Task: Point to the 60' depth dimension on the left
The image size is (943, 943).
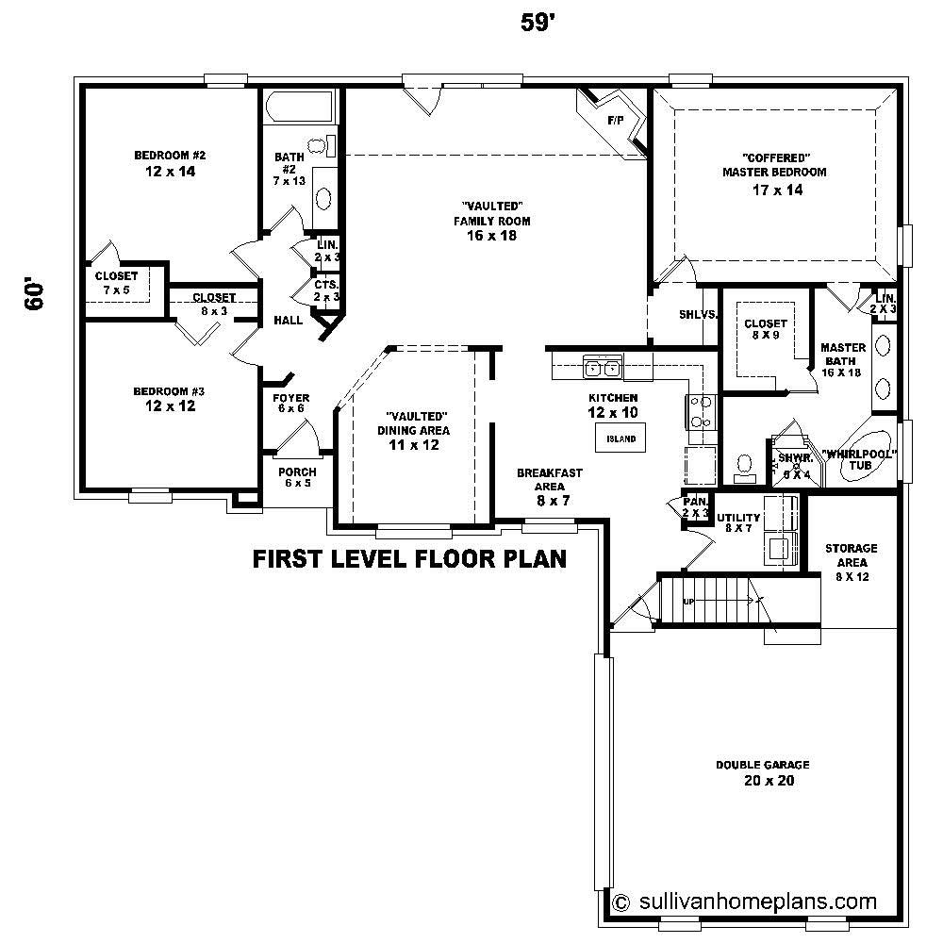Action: click(35, 293)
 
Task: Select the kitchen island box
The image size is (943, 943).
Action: click(620, 438)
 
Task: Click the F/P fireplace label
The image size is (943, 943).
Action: click(616, 121)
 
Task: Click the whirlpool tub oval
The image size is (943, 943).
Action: click(861, 467)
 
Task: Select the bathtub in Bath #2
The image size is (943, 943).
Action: click(299, 107)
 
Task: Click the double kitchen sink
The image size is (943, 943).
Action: click(602, 368)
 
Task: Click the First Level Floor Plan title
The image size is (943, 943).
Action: click(409, 558)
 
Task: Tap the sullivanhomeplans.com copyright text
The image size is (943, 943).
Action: click(745, 901)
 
